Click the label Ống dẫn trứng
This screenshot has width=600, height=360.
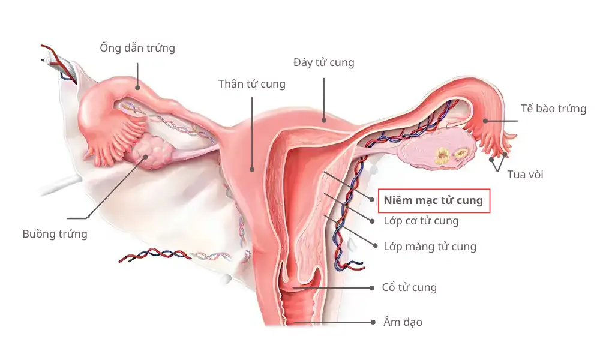137,48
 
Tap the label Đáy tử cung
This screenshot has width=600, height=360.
324,62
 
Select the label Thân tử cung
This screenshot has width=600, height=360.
252,84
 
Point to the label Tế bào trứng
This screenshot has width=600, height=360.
553,109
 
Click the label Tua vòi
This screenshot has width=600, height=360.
525,175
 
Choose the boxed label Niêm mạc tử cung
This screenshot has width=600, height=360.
434,200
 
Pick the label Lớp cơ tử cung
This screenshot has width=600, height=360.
421,221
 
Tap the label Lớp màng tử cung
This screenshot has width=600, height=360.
430,247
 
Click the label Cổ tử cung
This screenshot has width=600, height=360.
409,287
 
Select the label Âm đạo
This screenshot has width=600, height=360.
403,322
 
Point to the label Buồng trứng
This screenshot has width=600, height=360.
55,234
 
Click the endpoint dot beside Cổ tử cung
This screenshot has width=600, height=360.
371,288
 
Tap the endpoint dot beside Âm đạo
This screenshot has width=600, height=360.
373,322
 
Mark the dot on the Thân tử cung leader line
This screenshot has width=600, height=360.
252,169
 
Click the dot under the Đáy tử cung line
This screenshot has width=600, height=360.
324,120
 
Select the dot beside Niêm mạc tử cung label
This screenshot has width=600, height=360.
371,200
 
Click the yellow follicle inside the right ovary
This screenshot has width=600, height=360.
443,156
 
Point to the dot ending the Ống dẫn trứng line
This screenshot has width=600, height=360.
137,88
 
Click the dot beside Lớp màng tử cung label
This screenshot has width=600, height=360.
375,246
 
